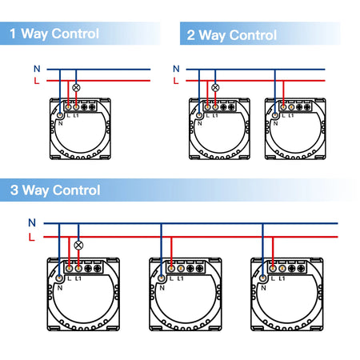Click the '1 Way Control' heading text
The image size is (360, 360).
54,34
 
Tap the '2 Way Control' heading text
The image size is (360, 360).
232,35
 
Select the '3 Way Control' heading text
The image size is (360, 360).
55,190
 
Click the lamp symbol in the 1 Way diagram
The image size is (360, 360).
76,87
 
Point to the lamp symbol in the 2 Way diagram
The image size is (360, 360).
215,87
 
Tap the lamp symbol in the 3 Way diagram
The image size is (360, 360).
78,245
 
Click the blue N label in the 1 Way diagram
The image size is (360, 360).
37,69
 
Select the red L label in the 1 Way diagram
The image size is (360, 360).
37,80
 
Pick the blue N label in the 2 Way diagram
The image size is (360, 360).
176,69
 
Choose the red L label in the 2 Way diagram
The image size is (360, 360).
176,80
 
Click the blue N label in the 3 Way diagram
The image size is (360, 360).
32,222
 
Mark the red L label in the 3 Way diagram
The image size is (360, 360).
32,237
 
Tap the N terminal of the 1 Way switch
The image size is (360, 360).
60,115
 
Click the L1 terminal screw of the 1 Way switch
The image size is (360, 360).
76,107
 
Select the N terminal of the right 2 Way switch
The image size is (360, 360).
275,115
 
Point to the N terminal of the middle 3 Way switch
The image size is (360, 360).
162,278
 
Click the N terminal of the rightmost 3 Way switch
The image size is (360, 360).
263,278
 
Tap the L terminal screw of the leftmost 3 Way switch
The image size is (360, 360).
69,268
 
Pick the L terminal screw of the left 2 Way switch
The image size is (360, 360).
207,107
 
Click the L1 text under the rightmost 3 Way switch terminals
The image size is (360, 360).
282,278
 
